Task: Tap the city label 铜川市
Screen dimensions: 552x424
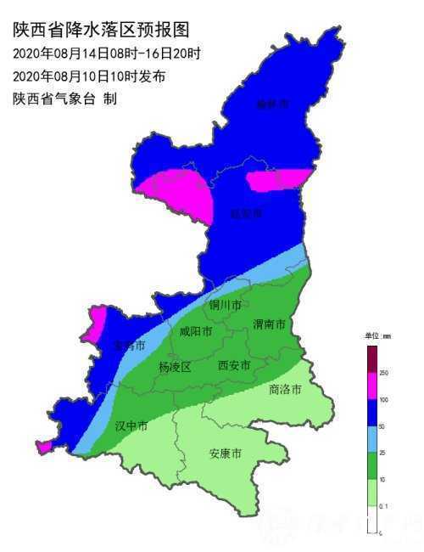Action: point(226,305)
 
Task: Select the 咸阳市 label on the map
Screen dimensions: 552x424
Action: point(195,332)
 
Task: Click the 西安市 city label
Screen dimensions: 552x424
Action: point(234,366)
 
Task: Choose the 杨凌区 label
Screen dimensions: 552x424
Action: point(175,367)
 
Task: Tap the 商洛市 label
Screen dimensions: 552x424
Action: point(285,390)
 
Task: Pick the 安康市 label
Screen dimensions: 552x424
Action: point(226,453)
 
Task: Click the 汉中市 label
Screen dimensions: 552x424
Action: point(131,425)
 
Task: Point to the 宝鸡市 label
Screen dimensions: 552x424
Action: point(129,346)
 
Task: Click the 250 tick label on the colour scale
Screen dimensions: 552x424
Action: point(383,373)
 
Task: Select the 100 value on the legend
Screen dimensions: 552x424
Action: point(383,399)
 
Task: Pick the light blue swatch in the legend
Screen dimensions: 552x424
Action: point(371,439)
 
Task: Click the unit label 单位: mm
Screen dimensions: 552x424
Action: point(378,337)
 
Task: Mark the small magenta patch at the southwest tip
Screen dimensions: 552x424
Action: point(43,447)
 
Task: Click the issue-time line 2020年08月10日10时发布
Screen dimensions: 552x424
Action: point(89,76)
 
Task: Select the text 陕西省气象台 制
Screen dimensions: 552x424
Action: point(64,99)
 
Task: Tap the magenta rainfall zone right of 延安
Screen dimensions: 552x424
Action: point(280,179)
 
